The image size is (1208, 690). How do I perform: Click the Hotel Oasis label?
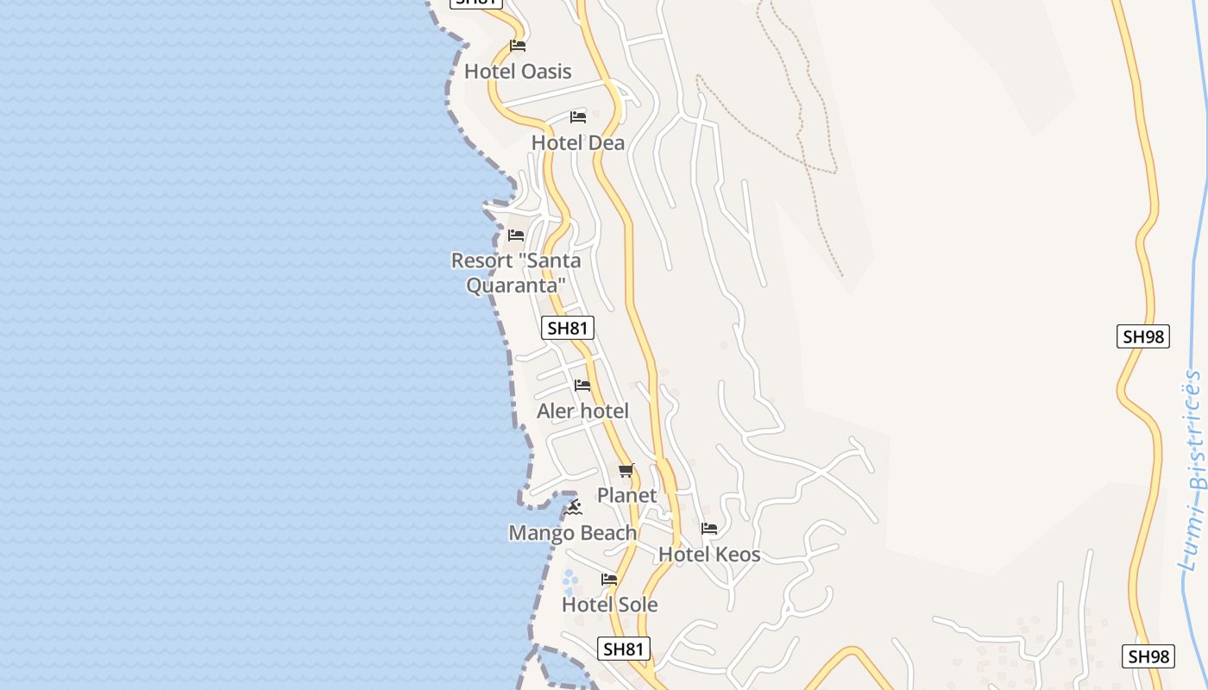pyautogui.click(x=518, y=72)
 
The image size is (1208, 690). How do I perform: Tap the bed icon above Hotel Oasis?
pyautogui.click(x=518, y=46)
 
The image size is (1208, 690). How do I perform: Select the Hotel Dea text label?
pyautogui.click(x=577, y=142)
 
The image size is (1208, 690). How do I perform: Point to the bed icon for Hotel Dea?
pyautogui.click(x=578, y=116)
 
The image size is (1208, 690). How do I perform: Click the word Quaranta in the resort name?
pyautogui.click(x=516, y=285)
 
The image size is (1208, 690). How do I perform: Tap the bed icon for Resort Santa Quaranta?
pyautogui.click(x=516, y=235)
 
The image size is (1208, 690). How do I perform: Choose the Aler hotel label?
pyautogui.click(x=582, y=411)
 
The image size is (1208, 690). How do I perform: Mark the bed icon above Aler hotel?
pyautogui.click(x=582, y=386)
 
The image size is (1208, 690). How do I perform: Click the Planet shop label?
pyautogui.click(x=626, y=496)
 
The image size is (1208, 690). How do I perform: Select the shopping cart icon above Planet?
pyautogui.click(x=626, y=471)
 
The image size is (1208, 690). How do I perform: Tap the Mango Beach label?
pyautogui.click(x=572, y=533)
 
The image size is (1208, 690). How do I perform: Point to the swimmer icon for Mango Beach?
pyautogui.click(x=572, y=508)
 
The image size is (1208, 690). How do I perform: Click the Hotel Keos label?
pyautogui.click(x=709, y=555)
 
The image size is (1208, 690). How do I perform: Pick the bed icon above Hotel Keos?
pyautogui.click(x=709, y=529)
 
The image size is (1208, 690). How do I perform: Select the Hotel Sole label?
pyautogui.click(x=609, y=605)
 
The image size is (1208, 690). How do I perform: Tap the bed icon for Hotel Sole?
pyautogui.click(x=609, y=580)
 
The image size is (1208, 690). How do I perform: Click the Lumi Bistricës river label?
pyautogui.click(x=1193, y=470)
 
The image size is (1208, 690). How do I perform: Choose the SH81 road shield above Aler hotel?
pyautogui.click(x=568, y=328)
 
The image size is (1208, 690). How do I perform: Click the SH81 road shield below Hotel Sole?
pyautogui.click(x=623, y=649)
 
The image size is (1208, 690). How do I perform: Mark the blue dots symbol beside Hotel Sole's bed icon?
pyautogui.click(x=569, y=577)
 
